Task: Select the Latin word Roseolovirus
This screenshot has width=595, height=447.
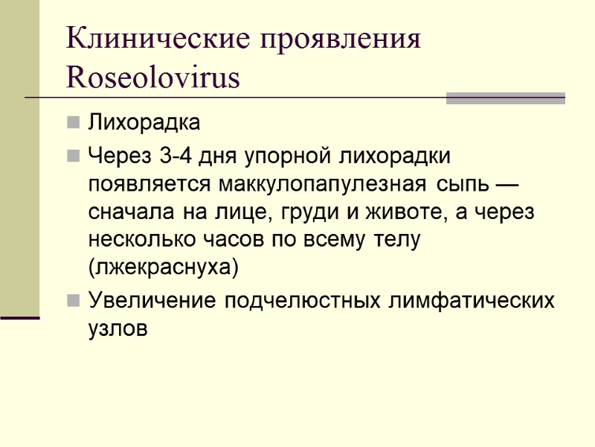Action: pos(153,77)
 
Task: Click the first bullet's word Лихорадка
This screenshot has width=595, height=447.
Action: pos(144,121)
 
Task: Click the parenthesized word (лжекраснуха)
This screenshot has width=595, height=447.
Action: pos(164,267)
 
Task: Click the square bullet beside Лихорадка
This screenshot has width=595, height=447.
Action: pos(72,121)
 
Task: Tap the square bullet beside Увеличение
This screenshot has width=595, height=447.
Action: pos(72,301)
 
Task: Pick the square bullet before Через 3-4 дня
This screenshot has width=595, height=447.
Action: pos(72,157)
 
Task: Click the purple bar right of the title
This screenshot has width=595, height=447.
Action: pos(505,98)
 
